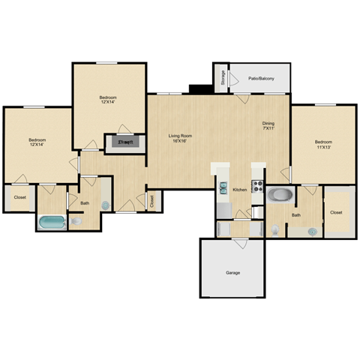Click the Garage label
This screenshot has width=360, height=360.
pos(233,272)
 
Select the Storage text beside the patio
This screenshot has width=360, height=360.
pos(223,76)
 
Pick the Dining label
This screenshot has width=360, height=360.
pos(268,123)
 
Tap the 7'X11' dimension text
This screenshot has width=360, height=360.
pos(268,129)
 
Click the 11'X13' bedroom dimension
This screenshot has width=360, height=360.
pos(323,147)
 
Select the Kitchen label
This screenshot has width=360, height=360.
pos(239,190)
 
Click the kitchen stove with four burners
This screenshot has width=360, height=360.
pos(257,186)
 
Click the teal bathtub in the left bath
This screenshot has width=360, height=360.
pos(52,222)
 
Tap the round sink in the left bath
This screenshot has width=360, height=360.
pos(105,205)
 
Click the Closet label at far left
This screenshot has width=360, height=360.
pos(19,198)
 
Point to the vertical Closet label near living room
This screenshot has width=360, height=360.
pos(151,200)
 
